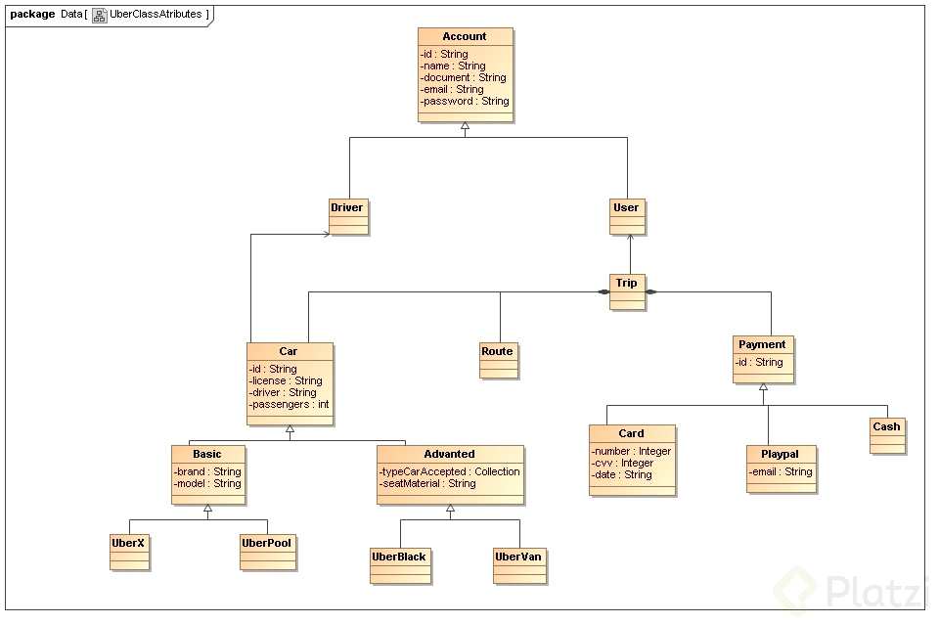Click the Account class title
pos(465,36)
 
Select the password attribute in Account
pos(465,101)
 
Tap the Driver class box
pos(347,215)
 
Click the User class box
pos(626,215)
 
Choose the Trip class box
pos(627,291)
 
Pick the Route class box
pos(497,360)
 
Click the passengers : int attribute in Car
pos(290,404)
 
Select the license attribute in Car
pos(286,380)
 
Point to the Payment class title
pos(762,344)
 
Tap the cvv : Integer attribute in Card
pos(623,463)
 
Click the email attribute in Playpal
pos(781,471)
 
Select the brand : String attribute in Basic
pos(207,471)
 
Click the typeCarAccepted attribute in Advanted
pos(450,471)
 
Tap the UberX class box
pos(129,550)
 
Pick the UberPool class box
pos(267,550)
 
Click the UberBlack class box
pos(400,564)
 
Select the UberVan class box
pos(519,564)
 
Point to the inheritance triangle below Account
pos(466,127)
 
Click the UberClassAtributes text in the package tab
pos(156,14)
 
